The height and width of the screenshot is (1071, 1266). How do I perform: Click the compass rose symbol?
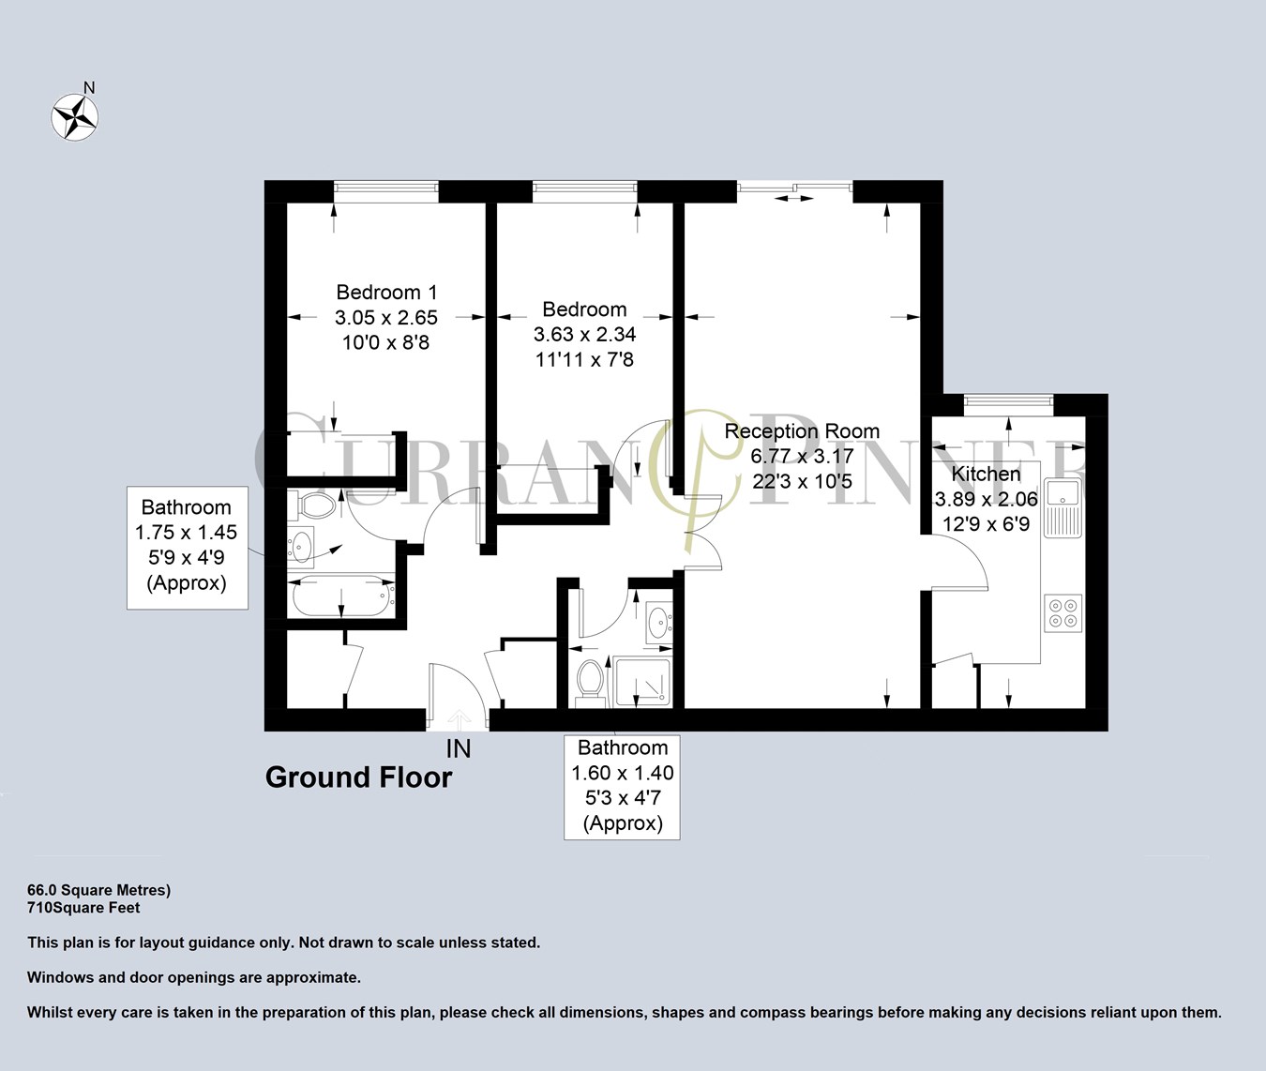(x=74, y=117)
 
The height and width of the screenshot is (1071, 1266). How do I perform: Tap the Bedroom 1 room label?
(x=386, y=293)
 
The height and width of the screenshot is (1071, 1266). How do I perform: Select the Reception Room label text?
(x=802, y=431)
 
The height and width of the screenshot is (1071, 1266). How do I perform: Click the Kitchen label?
(x=986, y=475)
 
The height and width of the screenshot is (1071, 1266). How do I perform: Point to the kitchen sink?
(x=1063, y=507)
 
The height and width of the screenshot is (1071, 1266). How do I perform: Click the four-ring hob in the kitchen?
(x=1063, y=612)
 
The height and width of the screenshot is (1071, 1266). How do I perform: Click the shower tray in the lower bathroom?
(x=642, y=682)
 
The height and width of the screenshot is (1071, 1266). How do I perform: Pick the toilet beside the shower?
(x=590, y=679)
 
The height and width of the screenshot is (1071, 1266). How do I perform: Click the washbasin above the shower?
(x=659, y=620)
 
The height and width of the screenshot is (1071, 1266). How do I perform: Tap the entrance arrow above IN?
(x=459, y=719)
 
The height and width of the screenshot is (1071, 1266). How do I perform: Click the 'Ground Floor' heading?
(x=358, y=777)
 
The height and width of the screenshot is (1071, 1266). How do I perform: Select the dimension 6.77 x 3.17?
(x=802, y=457)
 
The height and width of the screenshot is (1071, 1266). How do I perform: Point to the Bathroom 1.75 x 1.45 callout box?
(x=187, y=547)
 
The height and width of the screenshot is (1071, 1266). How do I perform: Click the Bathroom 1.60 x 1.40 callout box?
(x=622, y=786)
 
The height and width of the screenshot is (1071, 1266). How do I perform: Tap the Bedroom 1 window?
(x=385, y=191)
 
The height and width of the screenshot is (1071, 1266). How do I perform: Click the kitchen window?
(x=1008, y=404)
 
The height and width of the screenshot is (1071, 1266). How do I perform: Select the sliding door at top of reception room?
(x=794, y=191)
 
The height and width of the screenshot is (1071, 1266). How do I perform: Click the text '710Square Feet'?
(x=84, y=908)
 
